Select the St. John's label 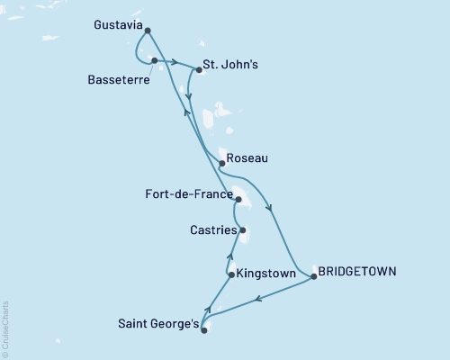pyautogui.click(x=232, y=66)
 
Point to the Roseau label pyautogui.click(x=247, y=157)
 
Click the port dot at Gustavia pyautogui.click(x=147, y=31)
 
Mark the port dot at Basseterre pyautogui.click(x=155, y=60)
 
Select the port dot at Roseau pyautogui.click(x=221, y=163)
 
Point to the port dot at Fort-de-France pyautogui.click(x=238, y=200)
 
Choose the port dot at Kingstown pyautogui.click(x=231, y=274)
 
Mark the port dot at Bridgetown pyautogui.click(x=313, y=277)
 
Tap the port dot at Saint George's pyautogui.click(x=203, y=330)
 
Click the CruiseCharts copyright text pyautogui.click(x=5, y=328)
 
